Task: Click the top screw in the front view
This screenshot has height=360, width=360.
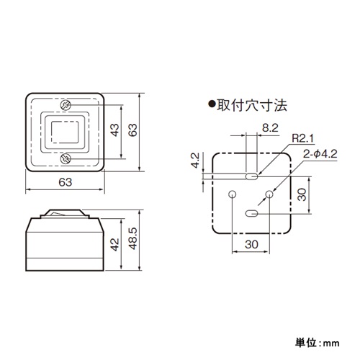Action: click(66, 106)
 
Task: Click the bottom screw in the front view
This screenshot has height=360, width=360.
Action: click(66, 158)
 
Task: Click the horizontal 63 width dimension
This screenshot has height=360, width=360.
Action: click(66, 182)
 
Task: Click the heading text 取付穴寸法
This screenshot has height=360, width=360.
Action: click(252, 105)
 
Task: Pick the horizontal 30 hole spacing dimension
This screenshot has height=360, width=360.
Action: click(251, 245)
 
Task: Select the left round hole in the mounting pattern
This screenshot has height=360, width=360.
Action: click(232, 194)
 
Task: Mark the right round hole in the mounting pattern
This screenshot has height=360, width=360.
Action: click(269, 194)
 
